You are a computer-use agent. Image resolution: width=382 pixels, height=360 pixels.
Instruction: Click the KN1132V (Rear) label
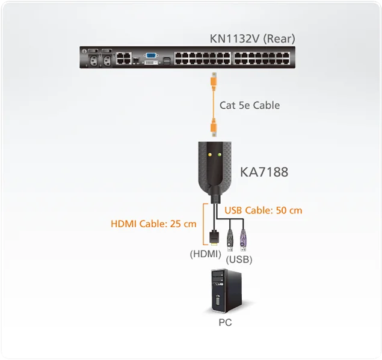(x=252, y=39)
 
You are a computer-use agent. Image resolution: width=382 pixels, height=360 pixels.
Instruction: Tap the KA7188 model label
(x=263, y=172)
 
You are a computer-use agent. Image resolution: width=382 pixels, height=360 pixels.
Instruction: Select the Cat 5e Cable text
(x=249, y=105)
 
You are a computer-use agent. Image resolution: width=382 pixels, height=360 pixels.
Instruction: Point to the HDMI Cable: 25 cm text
(x=153, y=224)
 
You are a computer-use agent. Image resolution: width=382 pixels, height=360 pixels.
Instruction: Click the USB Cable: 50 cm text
(x=263, y=210)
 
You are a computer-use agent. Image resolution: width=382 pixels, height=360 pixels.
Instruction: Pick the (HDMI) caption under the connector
(x=205, y=254)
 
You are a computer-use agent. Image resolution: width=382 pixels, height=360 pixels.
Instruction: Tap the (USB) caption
(x=239, y=260)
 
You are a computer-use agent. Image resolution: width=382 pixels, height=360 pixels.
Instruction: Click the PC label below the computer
(x=224, y=322)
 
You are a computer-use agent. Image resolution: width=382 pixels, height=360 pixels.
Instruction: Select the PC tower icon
(x=225, y=292)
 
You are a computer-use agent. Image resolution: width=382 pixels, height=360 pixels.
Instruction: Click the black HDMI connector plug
(x=214, y=237)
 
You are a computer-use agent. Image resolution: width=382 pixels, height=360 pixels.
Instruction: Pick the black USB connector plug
(x=230, y=240)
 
